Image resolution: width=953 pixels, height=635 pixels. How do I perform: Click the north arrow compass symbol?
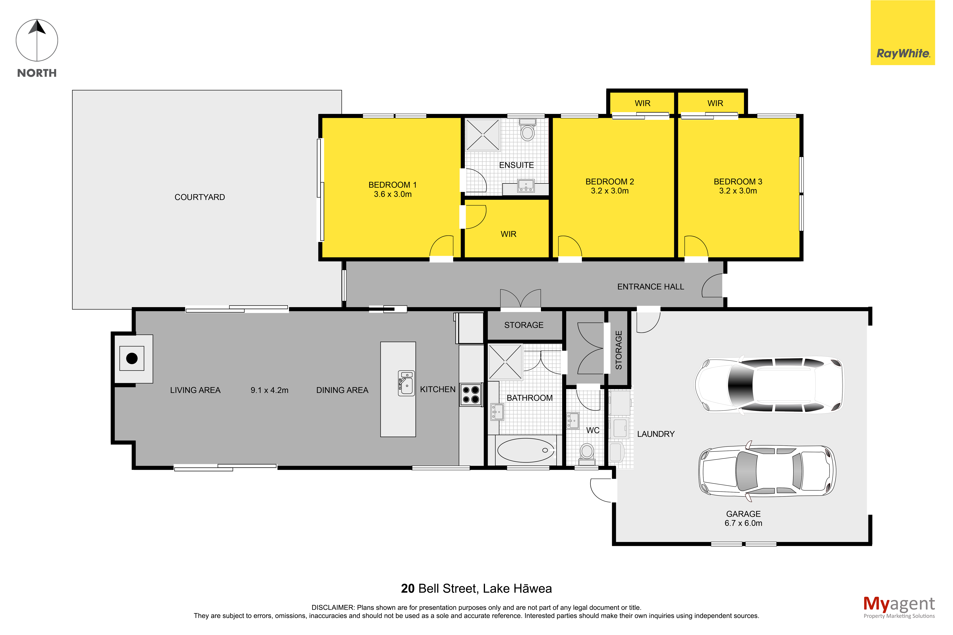37,41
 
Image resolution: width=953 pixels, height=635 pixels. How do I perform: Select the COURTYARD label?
200,197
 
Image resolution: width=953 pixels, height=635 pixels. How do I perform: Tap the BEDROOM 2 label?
610,181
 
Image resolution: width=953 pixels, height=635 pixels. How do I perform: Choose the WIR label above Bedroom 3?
715,103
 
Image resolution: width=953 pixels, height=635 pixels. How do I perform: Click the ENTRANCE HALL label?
650,287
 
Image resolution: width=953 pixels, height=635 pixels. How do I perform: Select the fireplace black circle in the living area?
132,358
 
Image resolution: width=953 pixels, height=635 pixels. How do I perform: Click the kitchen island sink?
406,383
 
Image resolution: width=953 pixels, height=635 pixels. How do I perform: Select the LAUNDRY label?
656,434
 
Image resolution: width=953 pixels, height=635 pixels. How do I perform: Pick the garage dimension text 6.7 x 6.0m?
743,523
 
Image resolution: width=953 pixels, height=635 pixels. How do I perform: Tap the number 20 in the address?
407,588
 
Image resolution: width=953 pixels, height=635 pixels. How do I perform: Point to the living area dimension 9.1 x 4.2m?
269,390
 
